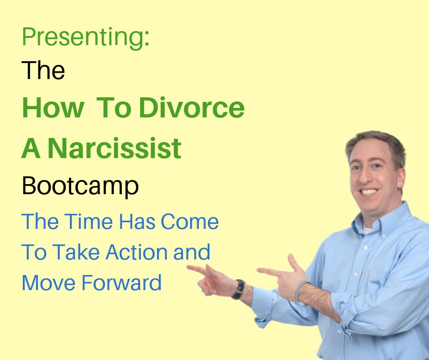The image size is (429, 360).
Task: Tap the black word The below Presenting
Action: point(43,71)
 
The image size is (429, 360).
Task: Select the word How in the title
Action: point(52,108)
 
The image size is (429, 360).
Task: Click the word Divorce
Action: point(192,108)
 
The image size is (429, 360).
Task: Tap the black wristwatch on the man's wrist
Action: point(238,289)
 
